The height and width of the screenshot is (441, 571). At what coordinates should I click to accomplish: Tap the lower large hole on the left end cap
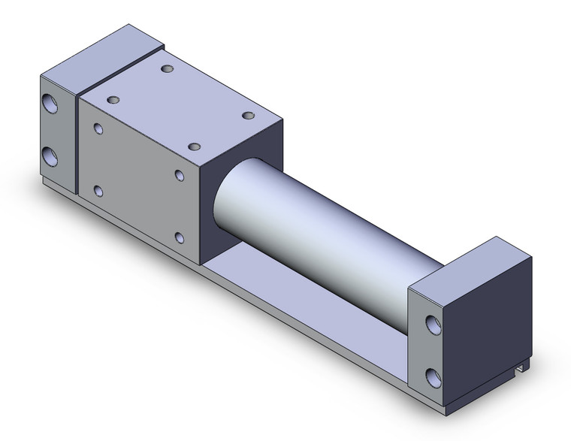coord(51,156)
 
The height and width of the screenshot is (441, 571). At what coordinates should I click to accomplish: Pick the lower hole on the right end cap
coord(433,376)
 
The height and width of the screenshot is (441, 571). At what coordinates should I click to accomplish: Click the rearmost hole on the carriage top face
coord(167,69)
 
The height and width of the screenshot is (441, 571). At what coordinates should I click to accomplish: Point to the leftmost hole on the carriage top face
coord(114,99)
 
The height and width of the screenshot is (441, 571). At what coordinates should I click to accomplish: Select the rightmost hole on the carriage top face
coord(248,115)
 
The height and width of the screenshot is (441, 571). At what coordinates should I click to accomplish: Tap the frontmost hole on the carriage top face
coord(194,147)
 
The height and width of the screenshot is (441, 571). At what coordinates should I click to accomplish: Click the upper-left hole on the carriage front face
coord(98,128)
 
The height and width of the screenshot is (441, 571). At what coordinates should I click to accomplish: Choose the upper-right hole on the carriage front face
coord(180,175)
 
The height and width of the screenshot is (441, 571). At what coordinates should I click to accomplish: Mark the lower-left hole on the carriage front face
coord(98,191)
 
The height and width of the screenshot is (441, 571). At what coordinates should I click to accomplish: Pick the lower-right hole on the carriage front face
coord(179,238)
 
